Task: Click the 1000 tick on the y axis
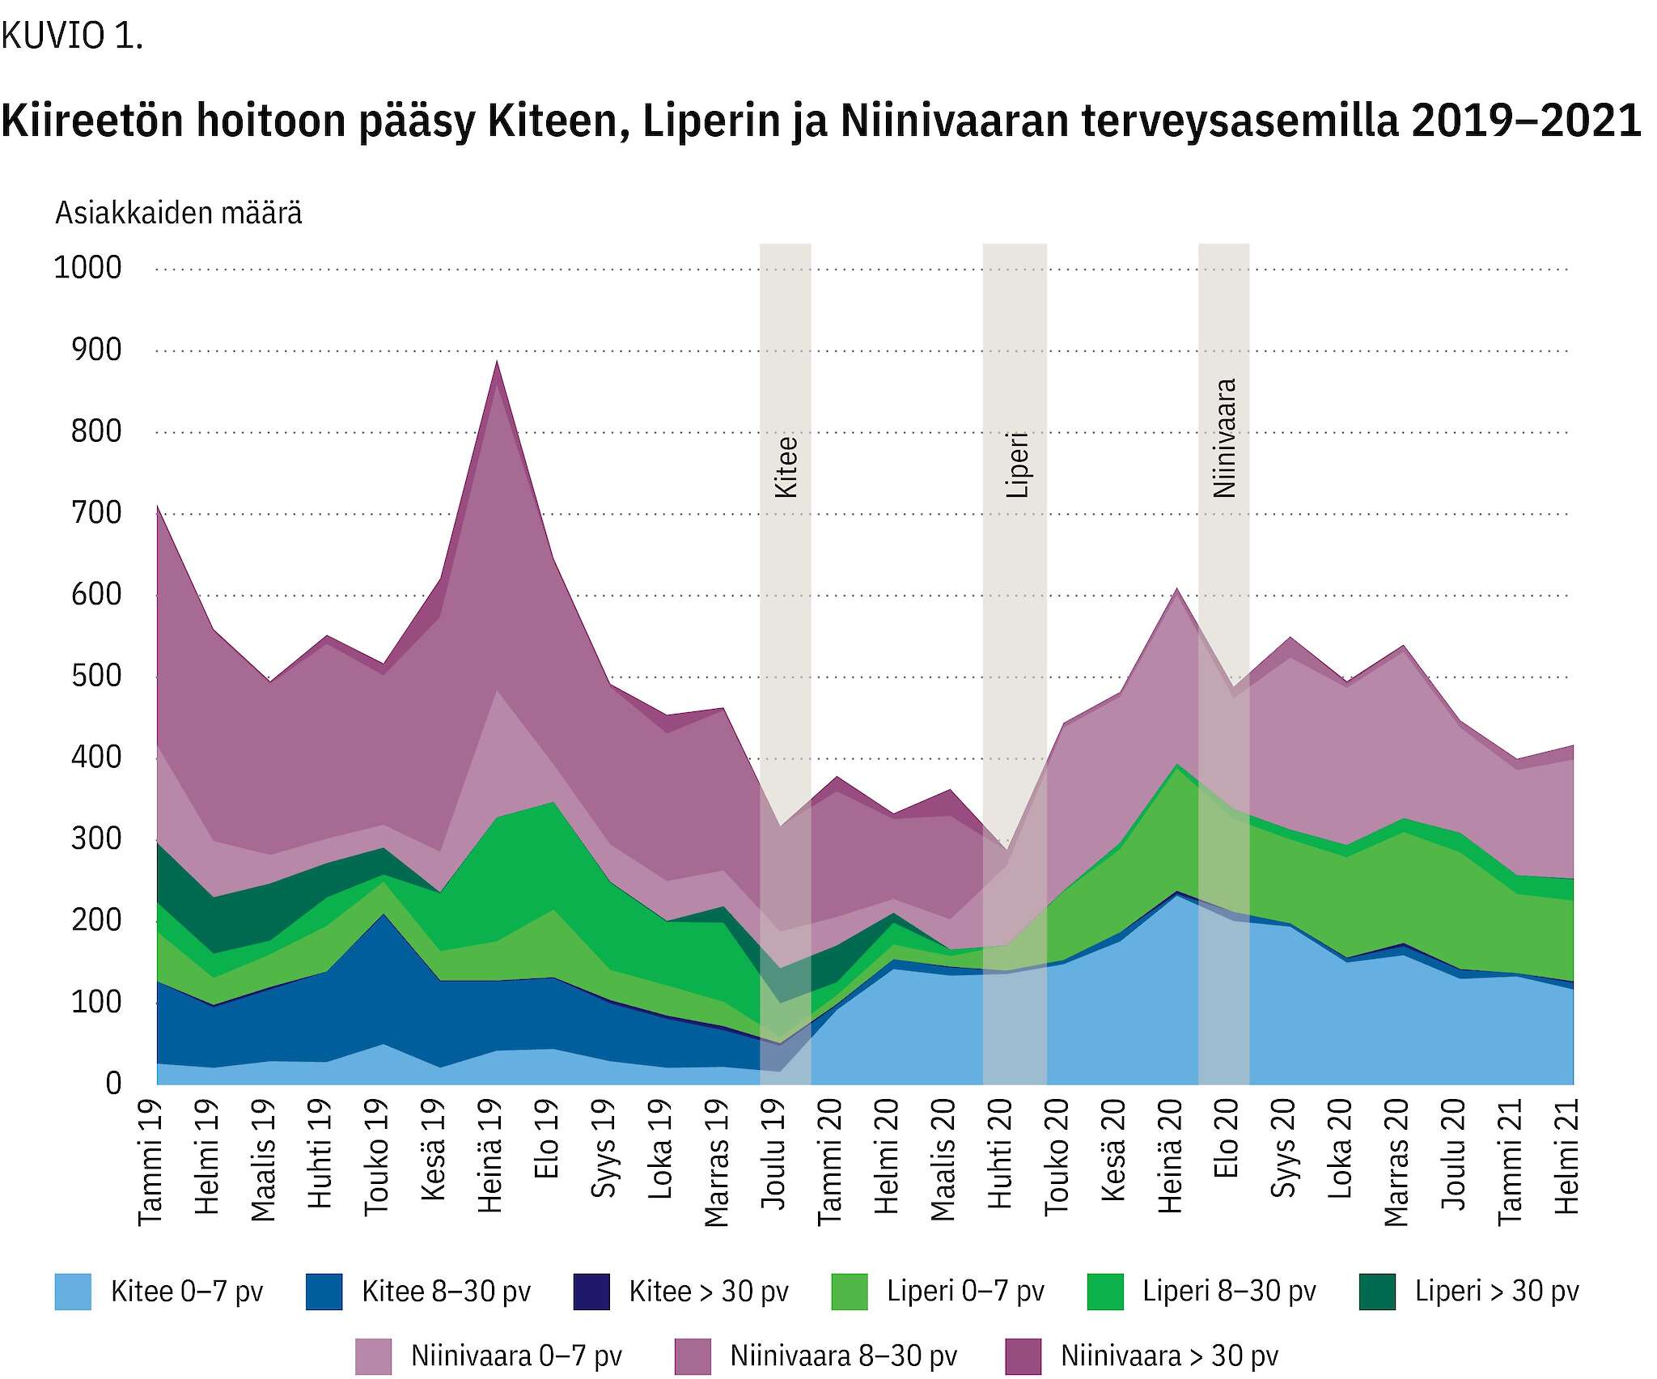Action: point(87,268)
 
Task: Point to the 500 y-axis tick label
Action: point(95,676)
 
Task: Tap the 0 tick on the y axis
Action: point(113,1084)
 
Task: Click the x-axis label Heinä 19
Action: point(490,1156)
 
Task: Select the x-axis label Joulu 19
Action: point(773,1155)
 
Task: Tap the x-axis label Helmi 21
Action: point(1567,1156)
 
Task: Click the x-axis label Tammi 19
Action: point(150,1162)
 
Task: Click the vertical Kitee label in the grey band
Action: point(786,467)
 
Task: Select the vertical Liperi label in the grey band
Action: point(1016,465)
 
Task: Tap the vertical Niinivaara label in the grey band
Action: point(1225,438)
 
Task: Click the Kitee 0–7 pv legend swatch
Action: point(73,1292)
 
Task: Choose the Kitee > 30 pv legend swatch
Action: point(591,1292)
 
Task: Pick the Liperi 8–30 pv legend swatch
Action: point(1105,1292)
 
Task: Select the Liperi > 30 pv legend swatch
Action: point(1378,1292)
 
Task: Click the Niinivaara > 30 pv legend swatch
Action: point(1023,1356)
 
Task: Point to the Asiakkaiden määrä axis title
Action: point(179,213)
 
